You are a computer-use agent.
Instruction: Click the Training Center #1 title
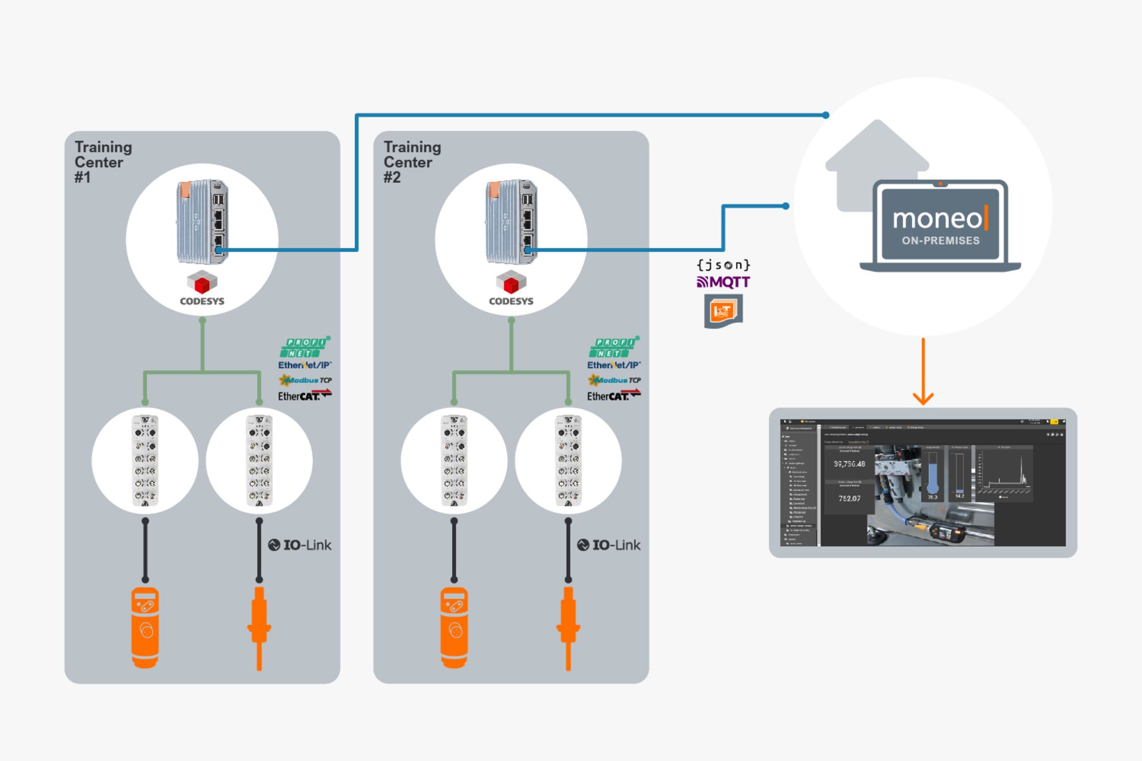pos(103,162)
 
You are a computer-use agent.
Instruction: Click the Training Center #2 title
pos(412,162)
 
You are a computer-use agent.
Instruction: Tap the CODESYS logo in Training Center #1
pos(202,288)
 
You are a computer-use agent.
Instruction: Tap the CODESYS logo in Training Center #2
pos(511,288)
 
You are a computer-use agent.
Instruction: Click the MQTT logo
pos(723,282)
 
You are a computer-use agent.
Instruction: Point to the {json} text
pos(723,265)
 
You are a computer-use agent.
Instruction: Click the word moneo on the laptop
pos(937,219)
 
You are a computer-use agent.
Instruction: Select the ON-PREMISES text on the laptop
pos(941,241)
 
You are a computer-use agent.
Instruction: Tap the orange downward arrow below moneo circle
pos(923,372)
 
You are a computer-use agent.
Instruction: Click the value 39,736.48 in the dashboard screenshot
pos(849,464)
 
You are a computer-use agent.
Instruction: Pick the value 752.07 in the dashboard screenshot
pos(849,498)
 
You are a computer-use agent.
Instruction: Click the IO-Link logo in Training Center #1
pos(300,545)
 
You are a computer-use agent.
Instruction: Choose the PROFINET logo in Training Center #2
pos(614,347)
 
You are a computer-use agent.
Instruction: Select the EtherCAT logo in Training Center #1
pos(304,395)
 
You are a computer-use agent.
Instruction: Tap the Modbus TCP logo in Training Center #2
pos(614,380)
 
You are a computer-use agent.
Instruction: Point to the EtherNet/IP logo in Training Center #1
pos(304,365)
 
